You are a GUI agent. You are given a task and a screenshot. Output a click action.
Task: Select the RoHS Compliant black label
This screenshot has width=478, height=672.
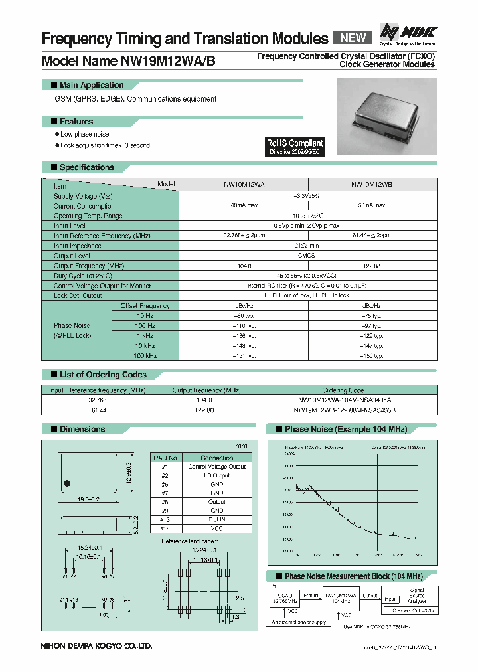294,146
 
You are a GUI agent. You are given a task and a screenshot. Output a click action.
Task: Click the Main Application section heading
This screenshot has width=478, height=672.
92,85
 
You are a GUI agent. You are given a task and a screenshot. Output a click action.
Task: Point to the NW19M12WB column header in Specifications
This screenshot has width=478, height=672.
372,185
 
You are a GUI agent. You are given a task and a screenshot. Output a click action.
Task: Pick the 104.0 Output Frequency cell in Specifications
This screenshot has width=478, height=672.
244,266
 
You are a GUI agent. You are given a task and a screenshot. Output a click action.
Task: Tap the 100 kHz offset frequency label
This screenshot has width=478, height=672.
145,356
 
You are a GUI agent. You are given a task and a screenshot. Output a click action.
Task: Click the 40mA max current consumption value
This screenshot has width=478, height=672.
244,206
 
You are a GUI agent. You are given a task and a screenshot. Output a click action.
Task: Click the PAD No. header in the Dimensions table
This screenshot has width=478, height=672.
166,458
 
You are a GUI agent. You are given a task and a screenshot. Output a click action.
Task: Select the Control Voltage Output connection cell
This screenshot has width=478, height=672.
217,467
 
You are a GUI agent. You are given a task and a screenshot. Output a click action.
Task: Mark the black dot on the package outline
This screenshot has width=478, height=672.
66,483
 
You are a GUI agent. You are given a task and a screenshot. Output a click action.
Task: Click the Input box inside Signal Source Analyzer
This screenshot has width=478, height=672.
389,599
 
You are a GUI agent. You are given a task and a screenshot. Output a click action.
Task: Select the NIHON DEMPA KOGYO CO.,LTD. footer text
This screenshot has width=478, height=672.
97,645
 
